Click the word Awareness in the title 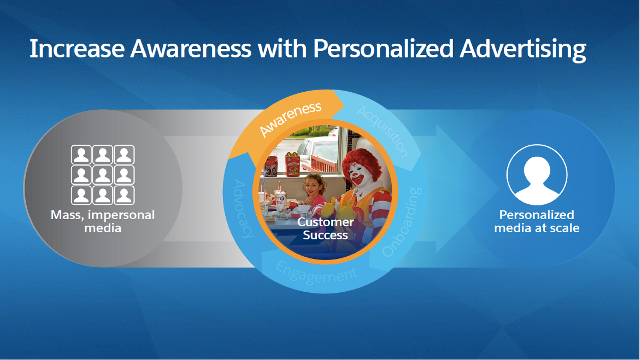click(x=190, y=49)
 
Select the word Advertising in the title click(x=523, y=50)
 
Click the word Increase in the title click(x=77, y=49)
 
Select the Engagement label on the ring click(x=316, y=273)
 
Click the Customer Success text click(x=326, y=228)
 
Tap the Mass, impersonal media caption click(x=102, y=222)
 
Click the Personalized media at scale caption click(x=536, y=222)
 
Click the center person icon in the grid click(x=102, y=175)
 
